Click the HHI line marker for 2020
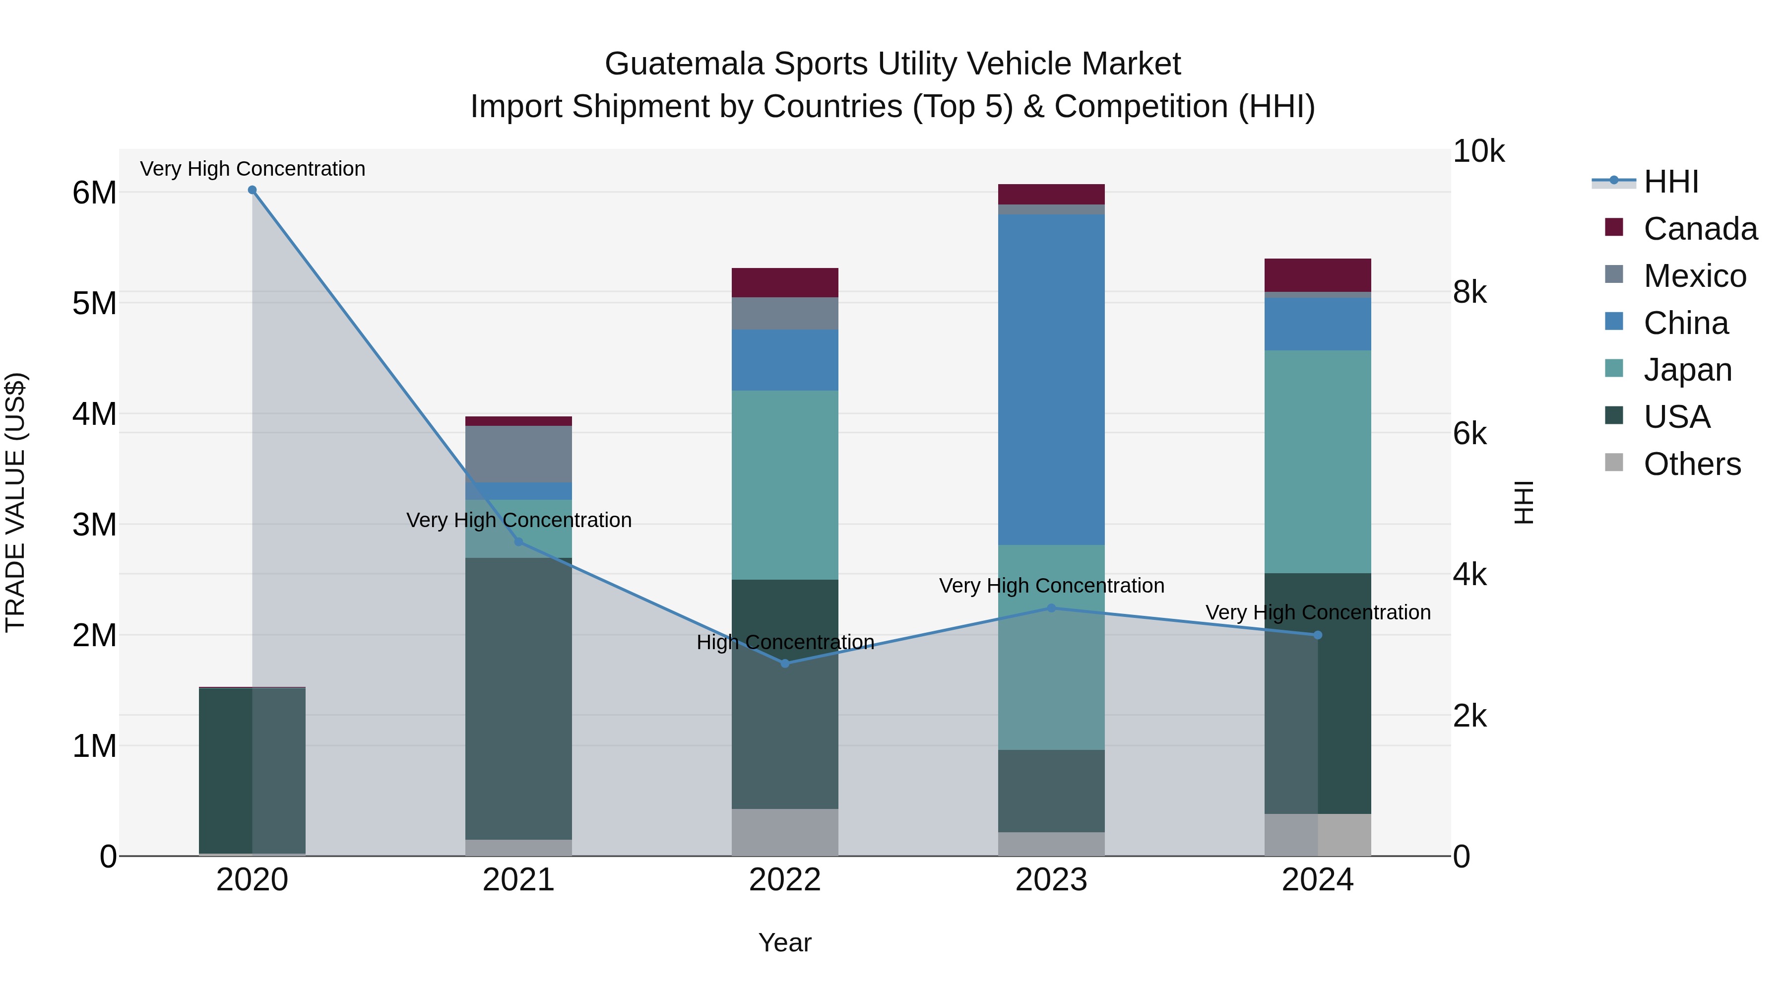click(x=253, y=190)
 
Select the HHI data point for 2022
click(x=785, y=664)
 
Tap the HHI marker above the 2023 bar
click(x=1051, y=608)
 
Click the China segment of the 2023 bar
click(x=1051, y=379)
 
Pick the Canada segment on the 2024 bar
click(x=1317, y=275)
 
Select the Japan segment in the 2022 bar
click(x=785, y=485)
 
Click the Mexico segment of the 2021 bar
click(x=518, y=454)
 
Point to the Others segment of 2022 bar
click(x=785, y=832)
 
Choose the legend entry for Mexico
click(x=1695, y=276)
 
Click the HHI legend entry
click(x=1671, y=182)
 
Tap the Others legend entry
click(x=1692, y=464)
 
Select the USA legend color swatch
click(x=1614, y=415)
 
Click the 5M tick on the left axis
click(x=94, y=303)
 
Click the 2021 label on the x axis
click(x=518, y=880)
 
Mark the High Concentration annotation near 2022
click(x=785, y=642)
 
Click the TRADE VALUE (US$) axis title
click(x=15, y=502)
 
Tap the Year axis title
click(x=785, y=942)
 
